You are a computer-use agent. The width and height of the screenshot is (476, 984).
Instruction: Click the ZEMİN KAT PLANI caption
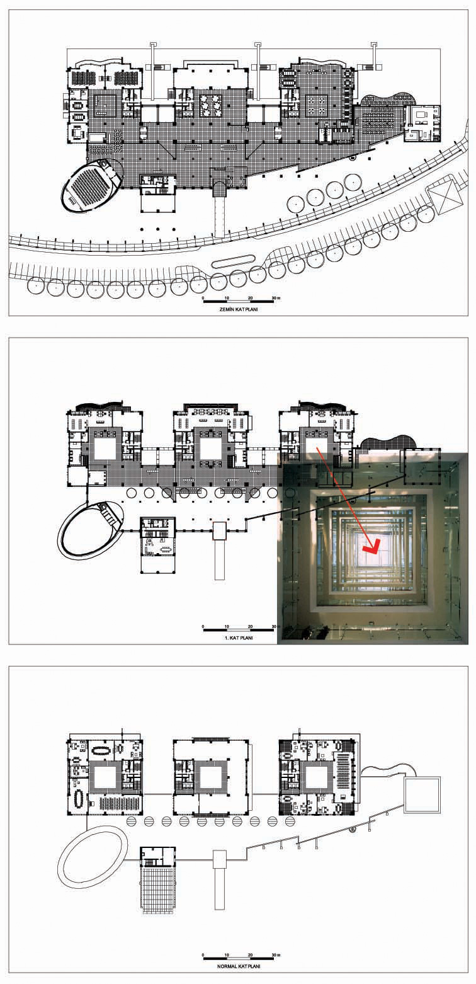pyautogui.click(x=239, y=309)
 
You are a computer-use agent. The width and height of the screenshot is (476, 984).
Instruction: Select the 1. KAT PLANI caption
pyautogui.click(x=238, y=638)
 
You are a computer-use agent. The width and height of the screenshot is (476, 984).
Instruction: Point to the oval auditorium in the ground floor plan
pyautogui.click(x=91, y=185)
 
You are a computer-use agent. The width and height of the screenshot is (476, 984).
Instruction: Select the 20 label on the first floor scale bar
pyautogui.click(x=251, y=626)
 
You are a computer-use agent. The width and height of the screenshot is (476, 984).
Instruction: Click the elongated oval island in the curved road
pyautogui.click(x=233, y=262)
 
